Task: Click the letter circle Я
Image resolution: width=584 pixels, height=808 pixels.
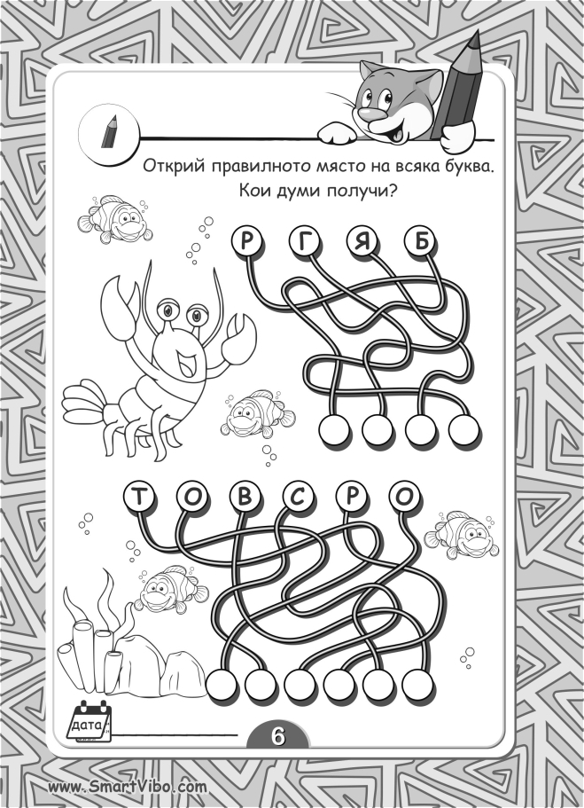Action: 362,241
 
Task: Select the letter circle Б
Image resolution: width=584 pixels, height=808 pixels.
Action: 421,241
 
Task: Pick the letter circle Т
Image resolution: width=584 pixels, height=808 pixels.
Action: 138,496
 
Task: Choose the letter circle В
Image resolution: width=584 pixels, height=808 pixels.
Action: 245,496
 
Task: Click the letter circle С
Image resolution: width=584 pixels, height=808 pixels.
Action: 298,496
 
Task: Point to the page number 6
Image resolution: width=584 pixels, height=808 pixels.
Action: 277,736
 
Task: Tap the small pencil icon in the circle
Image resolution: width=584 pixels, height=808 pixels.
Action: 109,132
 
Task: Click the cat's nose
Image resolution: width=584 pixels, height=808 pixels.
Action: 364,110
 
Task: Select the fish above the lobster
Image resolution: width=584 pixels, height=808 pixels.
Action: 115,218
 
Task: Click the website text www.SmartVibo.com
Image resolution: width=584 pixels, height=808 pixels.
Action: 128,787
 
